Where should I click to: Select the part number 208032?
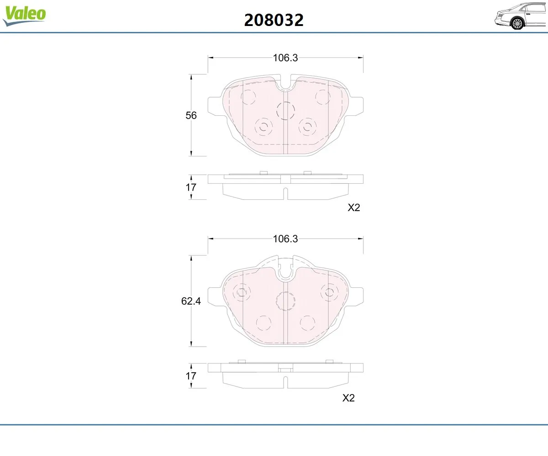(274, 20)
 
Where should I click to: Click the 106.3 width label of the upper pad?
(285, 57)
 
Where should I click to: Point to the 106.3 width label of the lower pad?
(285, 238)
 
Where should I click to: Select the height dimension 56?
(191, 115)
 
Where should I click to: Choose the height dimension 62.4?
(191, 301)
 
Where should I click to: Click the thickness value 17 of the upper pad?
(191, 187)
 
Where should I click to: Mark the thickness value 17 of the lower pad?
(191, 376)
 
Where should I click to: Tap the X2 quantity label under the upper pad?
(354, 207)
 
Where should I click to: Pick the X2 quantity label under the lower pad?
(348, 398)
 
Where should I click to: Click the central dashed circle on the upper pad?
(286, 111)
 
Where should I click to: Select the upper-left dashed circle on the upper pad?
(248, 97)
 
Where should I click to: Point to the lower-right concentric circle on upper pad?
(307, 127)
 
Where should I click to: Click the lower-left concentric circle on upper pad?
(263, 127)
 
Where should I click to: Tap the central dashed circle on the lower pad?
(286, 301)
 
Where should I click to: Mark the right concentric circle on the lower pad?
(329, 292)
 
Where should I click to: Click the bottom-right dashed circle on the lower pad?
(307, 323)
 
